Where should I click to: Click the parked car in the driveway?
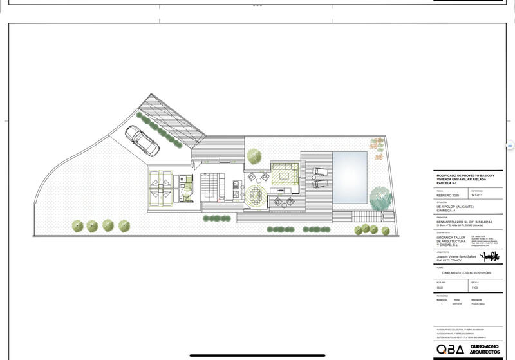tap(142, 140)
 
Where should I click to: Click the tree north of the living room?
tap(254, 155)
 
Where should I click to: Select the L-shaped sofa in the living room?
tap(284, 173)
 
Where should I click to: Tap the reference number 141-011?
tap(477, 195)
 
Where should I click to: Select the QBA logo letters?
tap(449, 348)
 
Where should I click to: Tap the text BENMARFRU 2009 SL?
tap(454, 220)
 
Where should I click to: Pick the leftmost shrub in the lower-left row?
tap(78, 225)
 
